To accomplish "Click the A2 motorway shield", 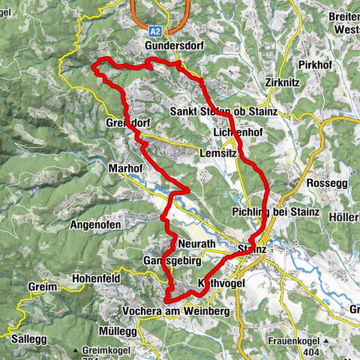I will coord(154,32).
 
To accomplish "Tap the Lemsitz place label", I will coord(217,152).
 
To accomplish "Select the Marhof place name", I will coord(124,169).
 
